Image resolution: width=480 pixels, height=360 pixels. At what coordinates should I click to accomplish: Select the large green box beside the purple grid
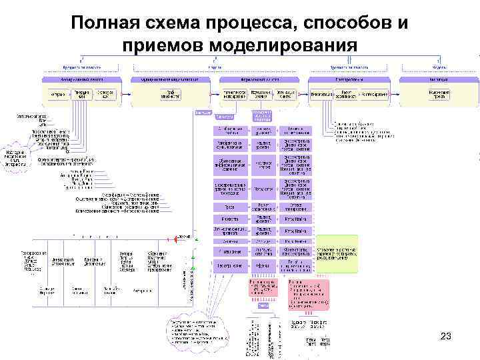point(337,253)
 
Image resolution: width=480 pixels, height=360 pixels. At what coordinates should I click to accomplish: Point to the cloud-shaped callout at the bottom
point(198,331)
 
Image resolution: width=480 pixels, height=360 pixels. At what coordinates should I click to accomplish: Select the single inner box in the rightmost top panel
point(438,95)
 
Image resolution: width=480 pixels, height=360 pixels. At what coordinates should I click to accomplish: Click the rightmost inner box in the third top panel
point(287,95)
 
